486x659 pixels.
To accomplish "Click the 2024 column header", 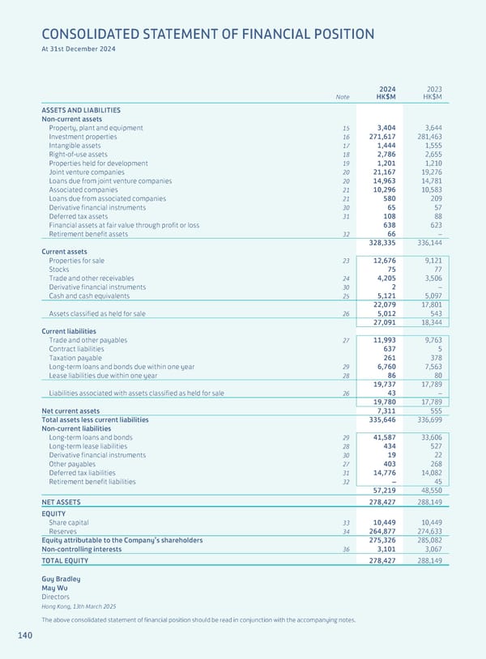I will coord(386,88).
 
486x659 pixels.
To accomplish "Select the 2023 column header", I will coord(433,88).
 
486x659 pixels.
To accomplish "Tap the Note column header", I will coord(343,97).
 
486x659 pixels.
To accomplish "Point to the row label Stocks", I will coord(58,270).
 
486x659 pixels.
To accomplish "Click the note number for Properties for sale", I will coord(345,261).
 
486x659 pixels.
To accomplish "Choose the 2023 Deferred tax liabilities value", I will coord(429,473).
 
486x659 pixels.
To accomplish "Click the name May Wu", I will coord(54,588).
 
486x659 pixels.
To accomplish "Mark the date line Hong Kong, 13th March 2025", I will coord(79,606).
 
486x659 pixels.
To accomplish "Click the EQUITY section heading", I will coord(53,513).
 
